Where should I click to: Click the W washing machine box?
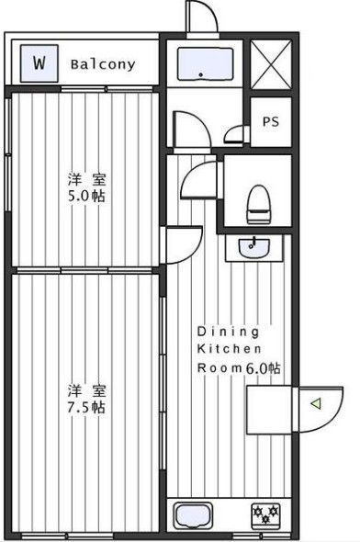coord(39,63)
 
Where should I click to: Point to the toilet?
coord(259,202)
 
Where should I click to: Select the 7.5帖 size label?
coord(84,406)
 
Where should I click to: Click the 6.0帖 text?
coord(263,367)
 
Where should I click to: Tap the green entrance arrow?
coord(315,402)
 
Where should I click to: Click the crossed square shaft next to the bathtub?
coord(272,63)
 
